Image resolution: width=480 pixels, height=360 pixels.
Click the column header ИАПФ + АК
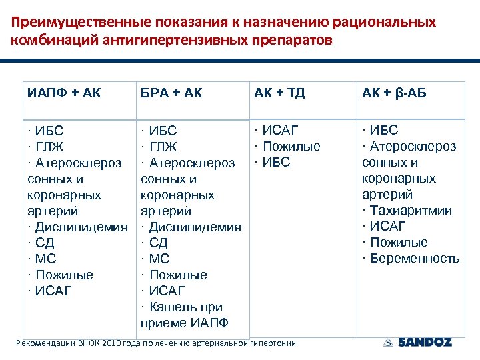point(64,93)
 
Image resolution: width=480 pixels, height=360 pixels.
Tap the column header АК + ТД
point(279,93)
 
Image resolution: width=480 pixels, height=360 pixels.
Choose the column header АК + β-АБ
point(394,93)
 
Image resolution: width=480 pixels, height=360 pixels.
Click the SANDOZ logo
point(418,342)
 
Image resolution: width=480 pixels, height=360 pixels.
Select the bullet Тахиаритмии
point(410,211)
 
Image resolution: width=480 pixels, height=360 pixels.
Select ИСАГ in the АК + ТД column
point(279,130)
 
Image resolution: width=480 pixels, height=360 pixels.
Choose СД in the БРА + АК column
point(158,243)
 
